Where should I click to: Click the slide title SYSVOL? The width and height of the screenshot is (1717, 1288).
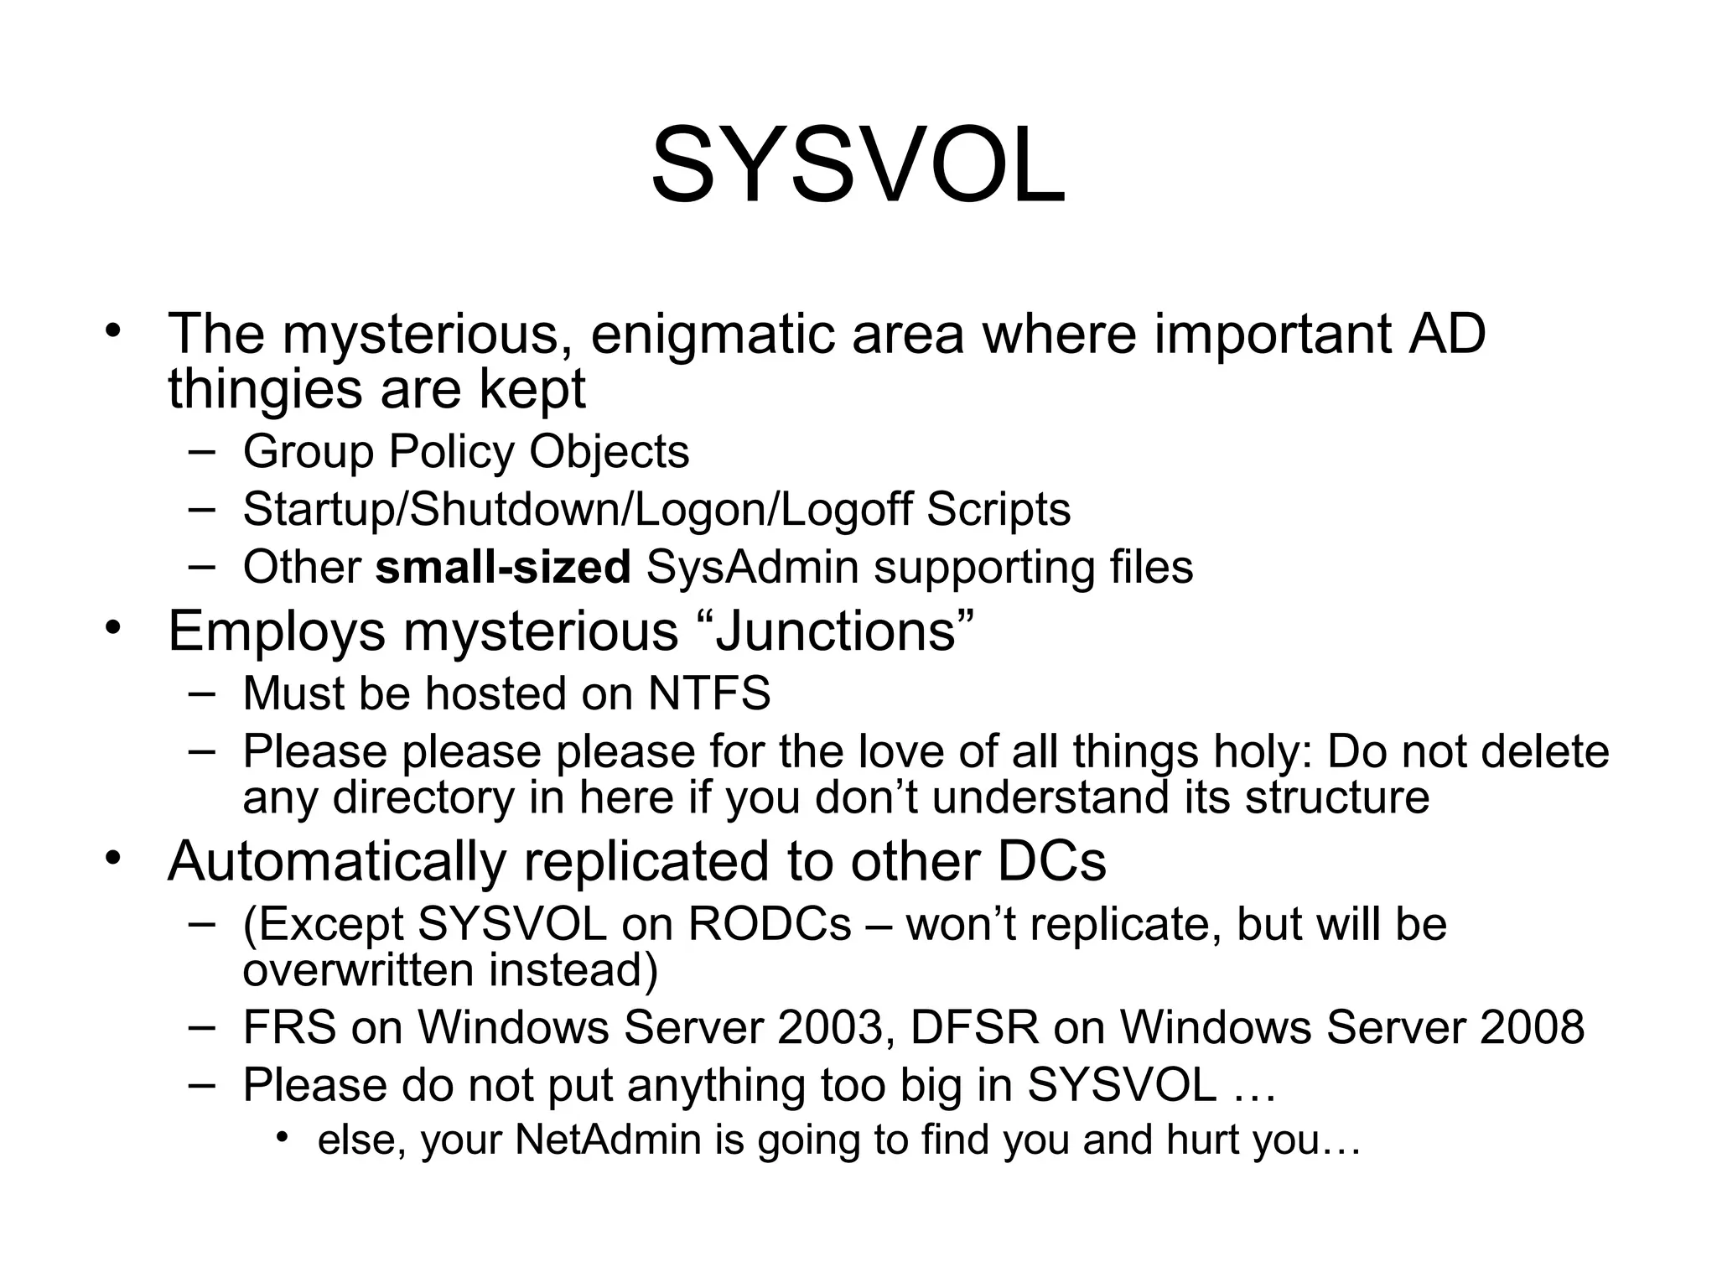pyautogui.click(x=858, y=165)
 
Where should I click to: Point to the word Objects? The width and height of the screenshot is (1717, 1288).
pyautogui.click(x=609, y=451)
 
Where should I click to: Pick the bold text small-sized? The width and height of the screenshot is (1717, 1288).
pyautogui.click(x=502, y=567)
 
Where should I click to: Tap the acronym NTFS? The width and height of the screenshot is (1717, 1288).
pyautogui.click(x=709, y=693)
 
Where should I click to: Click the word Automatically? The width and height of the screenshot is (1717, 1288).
pyautogui.click(x=337, y=860)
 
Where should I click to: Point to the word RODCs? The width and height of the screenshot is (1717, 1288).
pyautogui.click(x=770, y=924)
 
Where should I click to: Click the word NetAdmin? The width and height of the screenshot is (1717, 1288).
pyautogui.click(x=608, y=1140)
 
